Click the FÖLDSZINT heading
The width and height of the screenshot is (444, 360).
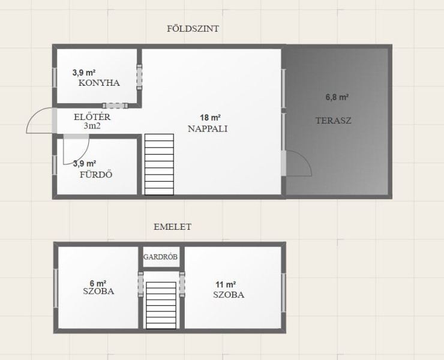[193, 29]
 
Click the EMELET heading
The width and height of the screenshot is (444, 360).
[172, 227]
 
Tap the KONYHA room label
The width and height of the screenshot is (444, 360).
[99, 83]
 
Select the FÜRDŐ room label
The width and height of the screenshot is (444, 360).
[96, 174]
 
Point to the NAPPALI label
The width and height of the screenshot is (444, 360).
[208, 129]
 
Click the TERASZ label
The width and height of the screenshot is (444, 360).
[333, 121]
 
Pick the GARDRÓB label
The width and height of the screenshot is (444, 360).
[160, 257]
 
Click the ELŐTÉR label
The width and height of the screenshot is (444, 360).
[92, 116]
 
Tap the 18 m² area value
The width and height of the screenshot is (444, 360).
[211, 118]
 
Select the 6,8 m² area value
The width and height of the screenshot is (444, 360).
[337, 97]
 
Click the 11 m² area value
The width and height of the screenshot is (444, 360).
[226, 284]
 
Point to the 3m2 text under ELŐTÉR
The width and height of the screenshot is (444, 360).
[92, 126]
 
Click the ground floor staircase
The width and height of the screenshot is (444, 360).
[159, 164]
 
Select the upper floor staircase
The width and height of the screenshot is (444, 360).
[161, 305]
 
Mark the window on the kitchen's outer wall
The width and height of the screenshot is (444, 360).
[55, 77]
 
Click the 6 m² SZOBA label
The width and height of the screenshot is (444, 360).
[98, 291]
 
